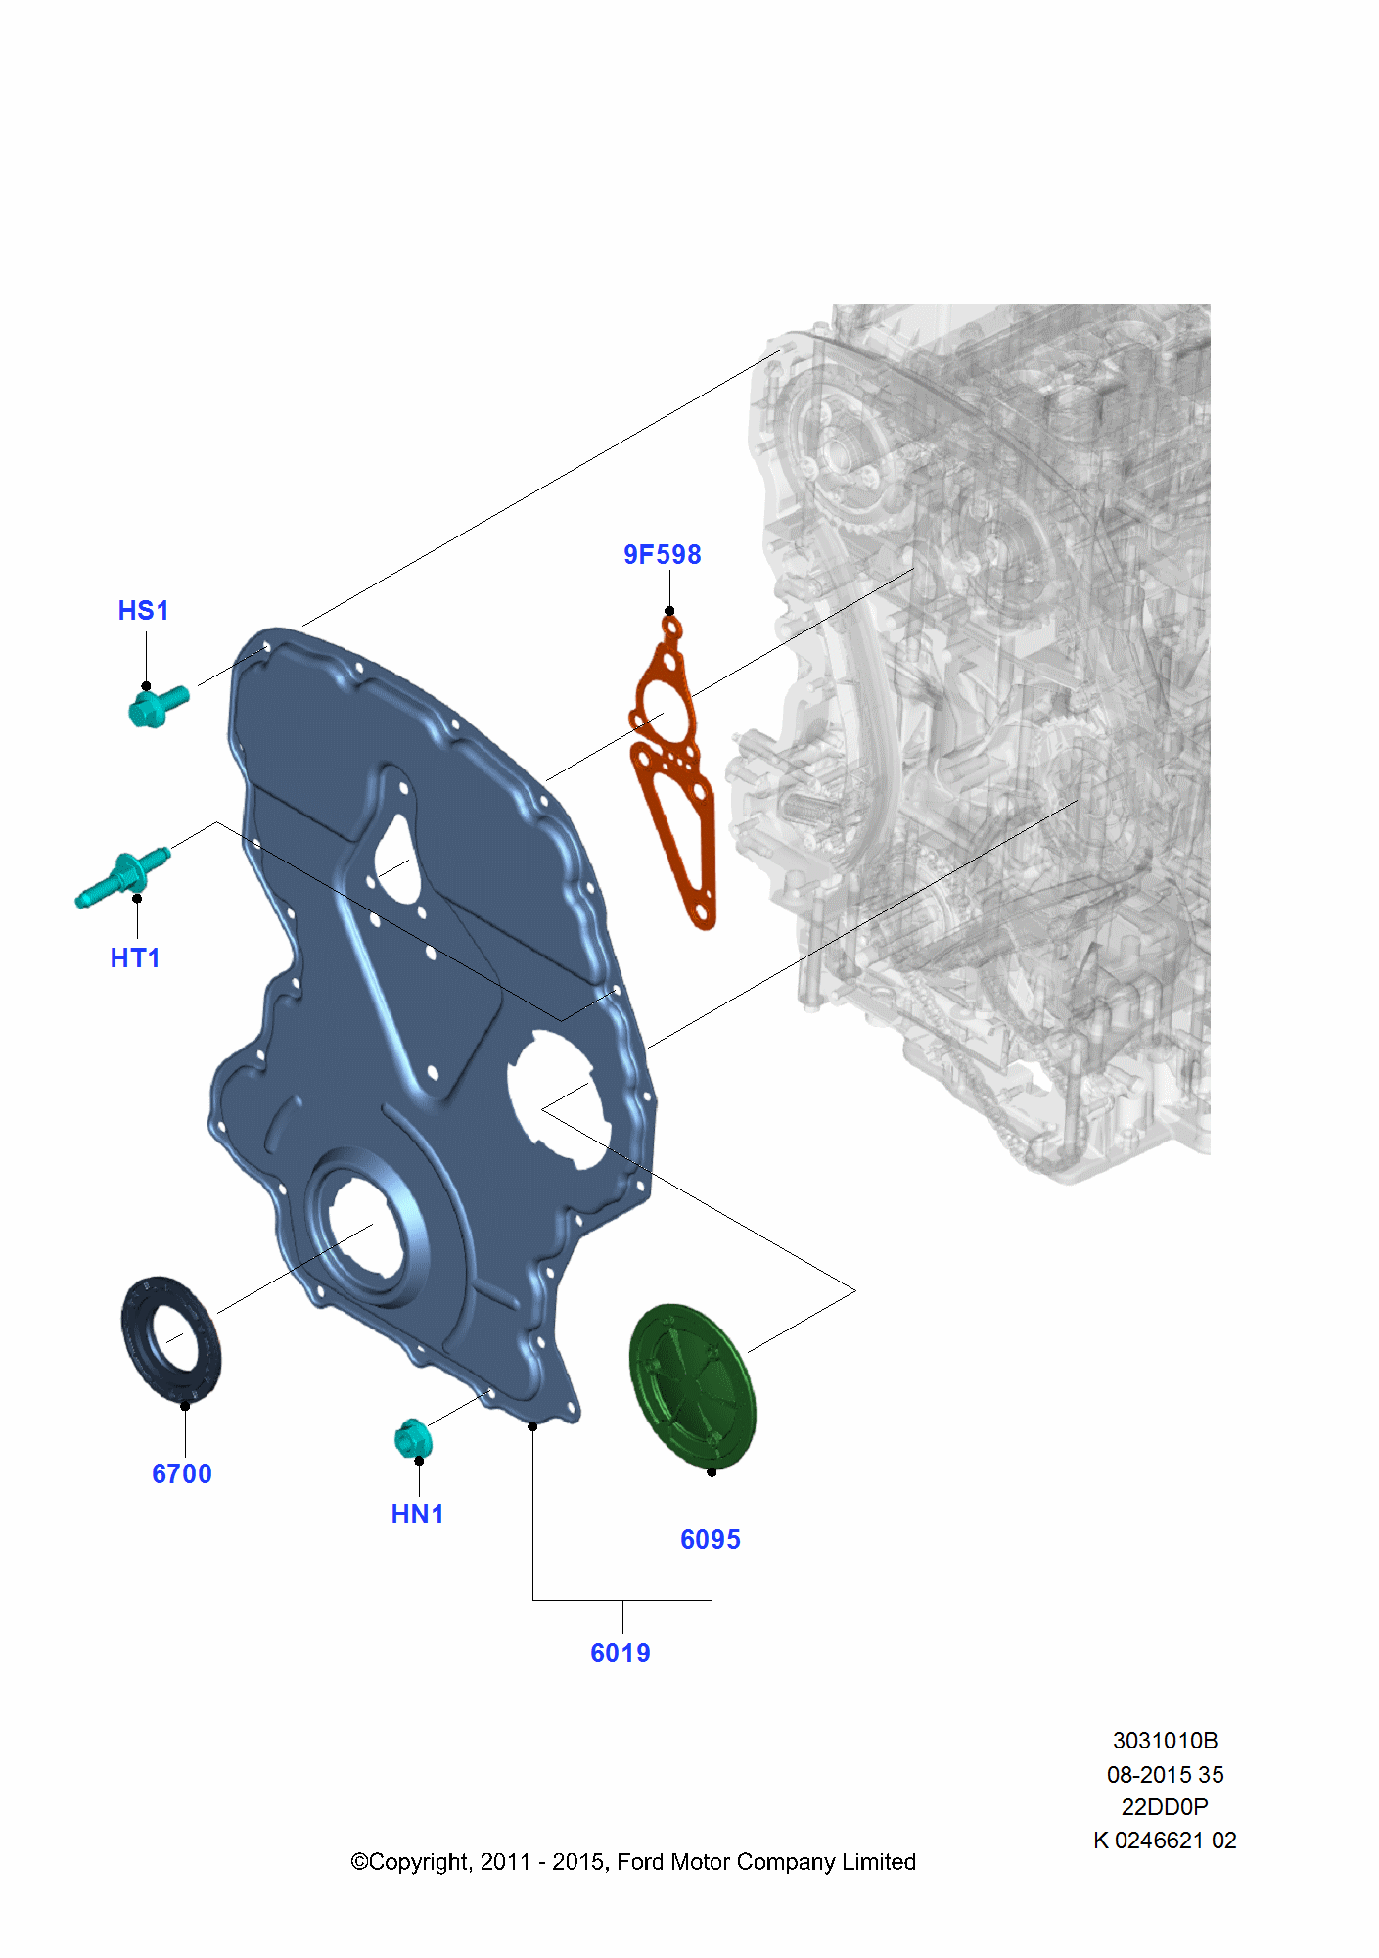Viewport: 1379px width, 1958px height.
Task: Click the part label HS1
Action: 143,611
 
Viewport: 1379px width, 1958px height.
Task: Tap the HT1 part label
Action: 135,957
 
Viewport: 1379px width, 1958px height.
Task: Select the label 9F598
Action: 663,555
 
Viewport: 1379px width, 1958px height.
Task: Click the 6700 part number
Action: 182,1473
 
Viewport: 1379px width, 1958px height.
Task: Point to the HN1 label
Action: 418,1514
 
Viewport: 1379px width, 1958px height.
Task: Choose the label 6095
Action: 711,1539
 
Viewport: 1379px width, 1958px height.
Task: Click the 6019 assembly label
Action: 621,1653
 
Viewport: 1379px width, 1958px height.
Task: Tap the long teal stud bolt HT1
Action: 122,877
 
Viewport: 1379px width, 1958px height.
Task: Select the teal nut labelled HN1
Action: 412,1437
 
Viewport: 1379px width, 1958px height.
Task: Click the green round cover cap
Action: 693,1384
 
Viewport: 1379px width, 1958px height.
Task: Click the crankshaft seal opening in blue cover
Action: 364,1229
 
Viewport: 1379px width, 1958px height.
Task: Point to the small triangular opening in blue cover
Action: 396,862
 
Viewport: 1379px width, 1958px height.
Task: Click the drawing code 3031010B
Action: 1165,1741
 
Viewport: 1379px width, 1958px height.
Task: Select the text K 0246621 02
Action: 1165,1841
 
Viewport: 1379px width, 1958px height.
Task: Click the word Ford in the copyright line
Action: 639,1862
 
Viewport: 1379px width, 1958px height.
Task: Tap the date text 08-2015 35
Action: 1165,1774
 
